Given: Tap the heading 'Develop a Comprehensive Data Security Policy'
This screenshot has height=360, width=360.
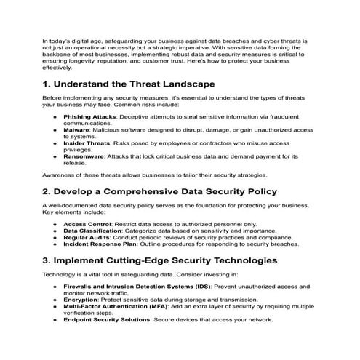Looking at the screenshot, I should point(159,192).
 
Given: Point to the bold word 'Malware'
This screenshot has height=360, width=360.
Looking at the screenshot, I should point(76,129).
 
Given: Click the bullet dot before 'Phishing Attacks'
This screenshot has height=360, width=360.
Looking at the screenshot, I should point(56,116).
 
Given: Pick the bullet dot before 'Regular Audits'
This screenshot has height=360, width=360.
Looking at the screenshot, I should point(56,238).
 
